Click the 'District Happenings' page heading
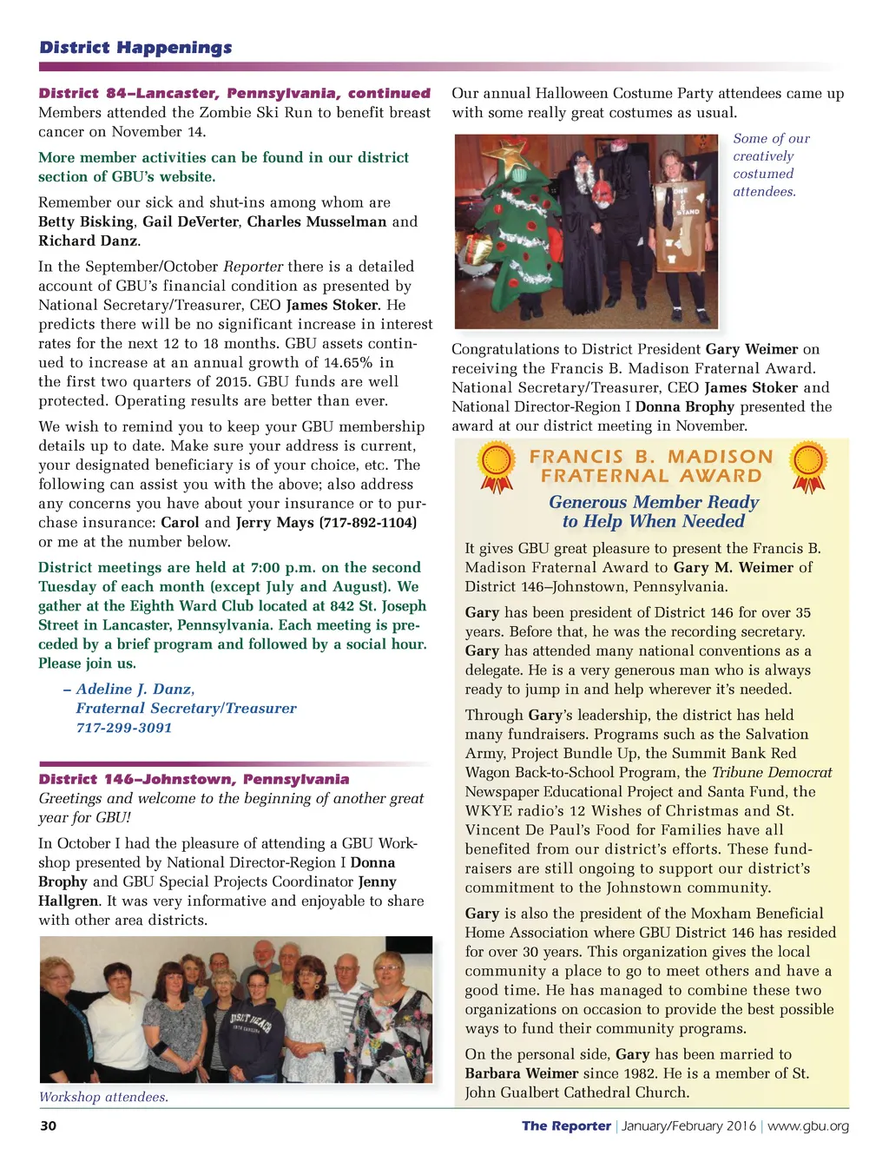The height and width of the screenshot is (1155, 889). coord(135,48)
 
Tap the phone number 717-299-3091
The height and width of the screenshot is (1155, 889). coord(123,728)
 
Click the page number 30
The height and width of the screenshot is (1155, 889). coord(48,1126)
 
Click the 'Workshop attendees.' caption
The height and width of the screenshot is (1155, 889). coord(103,1098)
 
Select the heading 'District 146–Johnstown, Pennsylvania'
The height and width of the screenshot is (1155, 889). coord(194,780)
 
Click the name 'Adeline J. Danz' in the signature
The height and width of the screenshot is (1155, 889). coord(134,690)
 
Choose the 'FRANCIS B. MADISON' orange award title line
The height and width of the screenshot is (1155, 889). coord(651,457)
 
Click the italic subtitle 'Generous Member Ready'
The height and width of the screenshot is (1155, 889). coord(653,503)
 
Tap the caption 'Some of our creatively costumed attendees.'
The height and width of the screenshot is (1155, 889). coord(770,165)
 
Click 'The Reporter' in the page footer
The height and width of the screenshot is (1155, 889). coord(566,1126)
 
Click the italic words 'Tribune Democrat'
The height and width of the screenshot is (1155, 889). coord(771,773)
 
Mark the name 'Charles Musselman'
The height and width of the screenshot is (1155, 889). coord(316,222)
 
